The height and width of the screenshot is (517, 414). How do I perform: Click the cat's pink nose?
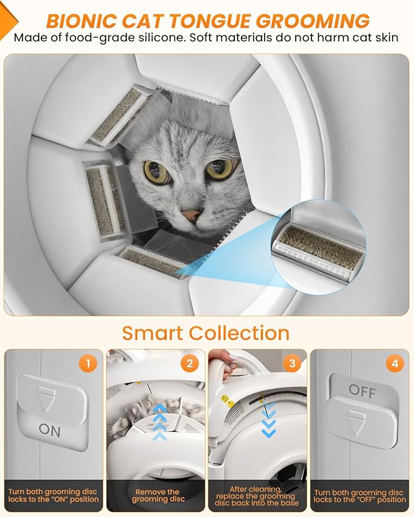point(191,216)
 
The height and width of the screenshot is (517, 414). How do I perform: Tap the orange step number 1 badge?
point(87,364)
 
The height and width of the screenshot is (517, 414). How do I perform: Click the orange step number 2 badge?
point(190,364)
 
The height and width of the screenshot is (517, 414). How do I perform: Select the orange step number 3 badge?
point(291,364)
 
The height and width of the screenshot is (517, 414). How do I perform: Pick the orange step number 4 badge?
point(394,364)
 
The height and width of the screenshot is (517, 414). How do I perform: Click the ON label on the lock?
point(49,430)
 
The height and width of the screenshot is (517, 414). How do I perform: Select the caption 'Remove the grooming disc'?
point(157,496)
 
